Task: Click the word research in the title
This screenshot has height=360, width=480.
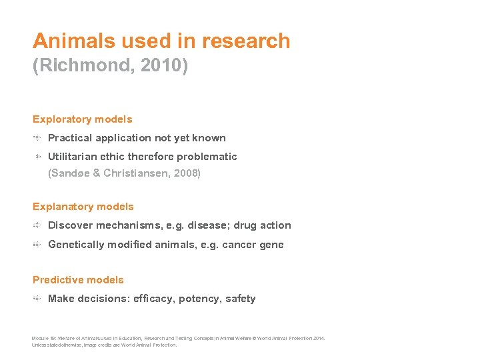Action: click(x=246, y=41)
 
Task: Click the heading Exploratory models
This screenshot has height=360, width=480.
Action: click(x=83, y=119)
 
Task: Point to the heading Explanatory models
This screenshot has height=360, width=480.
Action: click(x=83, y=207)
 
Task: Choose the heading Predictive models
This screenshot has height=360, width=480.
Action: click(x=78, y=280)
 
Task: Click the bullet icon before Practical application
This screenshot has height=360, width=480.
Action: click(x=39, y=138)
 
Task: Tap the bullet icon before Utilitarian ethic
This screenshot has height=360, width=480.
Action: click(x=39, y=157)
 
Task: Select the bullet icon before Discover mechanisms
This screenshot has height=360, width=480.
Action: click(x=39, y=225)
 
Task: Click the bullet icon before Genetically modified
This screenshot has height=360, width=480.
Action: click(x=39, y=245)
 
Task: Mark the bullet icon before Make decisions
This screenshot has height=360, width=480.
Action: click(x=39, y=299)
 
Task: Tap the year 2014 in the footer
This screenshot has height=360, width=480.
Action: click(x=319, y=339)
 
